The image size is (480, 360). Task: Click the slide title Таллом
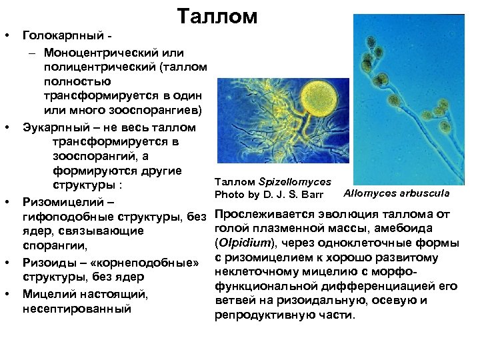[x=217, y=17]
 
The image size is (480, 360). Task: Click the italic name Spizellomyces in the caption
[x=295, y=181]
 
